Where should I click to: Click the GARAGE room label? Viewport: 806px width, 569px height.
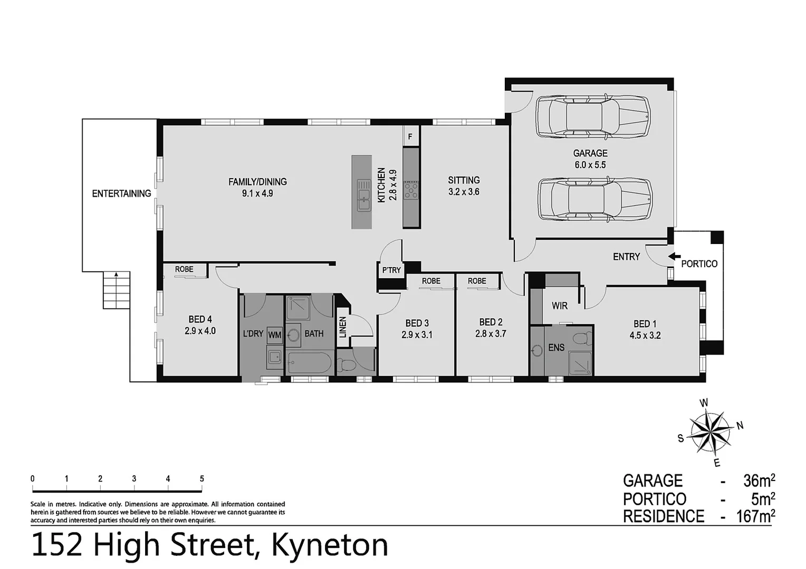[x=590, y=153]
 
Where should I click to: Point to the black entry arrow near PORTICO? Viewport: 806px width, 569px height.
[x=674, y=257]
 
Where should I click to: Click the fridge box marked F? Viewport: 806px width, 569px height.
[x=410, y=137]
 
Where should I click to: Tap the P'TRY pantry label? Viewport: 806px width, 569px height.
[x=391, y=270]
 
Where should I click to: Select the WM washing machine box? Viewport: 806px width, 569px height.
[x=275, y=335]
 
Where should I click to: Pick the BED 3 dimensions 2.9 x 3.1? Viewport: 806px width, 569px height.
[x=416, y=335]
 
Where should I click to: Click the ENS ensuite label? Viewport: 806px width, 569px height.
[x=556, y=347]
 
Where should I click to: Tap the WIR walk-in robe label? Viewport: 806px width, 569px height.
[x=559, y=306]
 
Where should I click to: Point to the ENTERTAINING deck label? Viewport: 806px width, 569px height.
[x=121, y=193]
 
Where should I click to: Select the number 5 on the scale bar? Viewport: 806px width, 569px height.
[x=201, y=479]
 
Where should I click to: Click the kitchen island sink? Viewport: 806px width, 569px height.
[x=363, y=195]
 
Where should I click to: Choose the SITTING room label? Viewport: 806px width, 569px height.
[x=464, y=180]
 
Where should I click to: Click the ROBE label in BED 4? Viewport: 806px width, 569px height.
[x=184, y=270]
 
